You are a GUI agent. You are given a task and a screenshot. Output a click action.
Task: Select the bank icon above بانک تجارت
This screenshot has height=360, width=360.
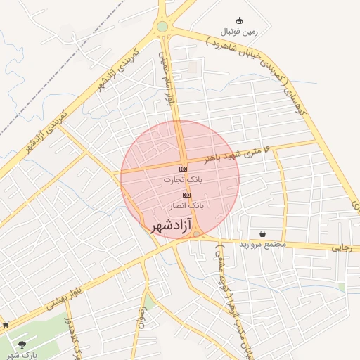tap(183, 169)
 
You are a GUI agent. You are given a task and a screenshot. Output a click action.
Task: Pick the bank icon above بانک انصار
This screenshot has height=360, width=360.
tap(186, 195)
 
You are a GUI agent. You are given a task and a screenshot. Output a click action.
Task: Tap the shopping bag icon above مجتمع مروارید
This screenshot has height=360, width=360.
tap(262, 233)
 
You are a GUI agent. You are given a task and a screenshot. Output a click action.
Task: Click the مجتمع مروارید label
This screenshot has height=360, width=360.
tap(262, 245)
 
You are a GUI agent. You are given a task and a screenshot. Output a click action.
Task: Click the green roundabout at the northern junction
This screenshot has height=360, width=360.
tap(162, 27)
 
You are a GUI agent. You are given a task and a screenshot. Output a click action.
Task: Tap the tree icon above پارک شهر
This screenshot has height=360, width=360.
tap(22, 345)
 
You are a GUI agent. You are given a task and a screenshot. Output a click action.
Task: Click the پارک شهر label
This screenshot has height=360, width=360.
tap(22, 356)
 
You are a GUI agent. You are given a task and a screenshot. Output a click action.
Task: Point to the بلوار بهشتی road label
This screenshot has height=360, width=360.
tap(70, 295)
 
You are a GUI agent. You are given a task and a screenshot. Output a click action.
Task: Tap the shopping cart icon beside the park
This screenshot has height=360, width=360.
tap(6, 325)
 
